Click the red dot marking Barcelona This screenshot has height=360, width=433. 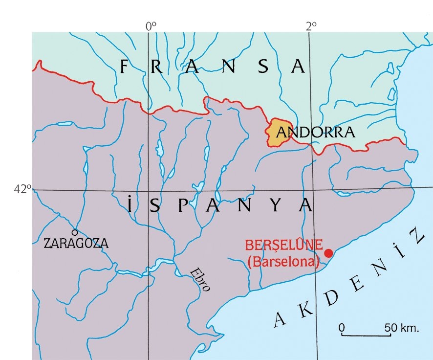tap(328, 253)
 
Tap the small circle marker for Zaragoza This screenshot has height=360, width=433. tap(75, 233)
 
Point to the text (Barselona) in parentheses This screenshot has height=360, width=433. tap(283, 262)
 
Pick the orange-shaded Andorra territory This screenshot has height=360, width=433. tap(277, 132)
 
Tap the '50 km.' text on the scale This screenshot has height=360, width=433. tap(401, 327)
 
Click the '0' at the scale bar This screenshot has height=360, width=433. tap(342, 327)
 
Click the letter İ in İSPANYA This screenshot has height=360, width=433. tap(130, 205)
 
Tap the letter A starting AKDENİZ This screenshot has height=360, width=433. tap(280, 319)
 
